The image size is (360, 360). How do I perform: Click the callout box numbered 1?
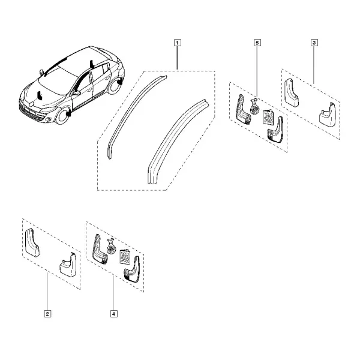coord(177,43)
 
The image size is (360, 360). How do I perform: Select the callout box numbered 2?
coord(47,314)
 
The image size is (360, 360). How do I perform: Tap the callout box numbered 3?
coord(314,43)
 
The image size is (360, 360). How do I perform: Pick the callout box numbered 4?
coord(114,314)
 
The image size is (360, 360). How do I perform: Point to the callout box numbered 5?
coord(257,43)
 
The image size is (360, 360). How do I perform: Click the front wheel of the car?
coord(62,116)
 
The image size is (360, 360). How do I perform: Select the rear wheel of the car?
coord(115,85)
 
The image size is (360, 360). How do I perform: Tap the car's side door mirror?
coord(77,93)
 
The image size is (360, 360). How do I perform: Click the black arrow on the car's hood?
coord(40,95)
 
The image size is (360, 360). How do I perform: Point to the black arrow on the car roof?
coord(92,64)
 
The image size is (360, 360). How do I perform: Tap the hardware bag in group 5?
coord(254,106)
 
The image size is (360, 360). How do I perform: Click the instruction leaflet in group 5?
coord(268,117)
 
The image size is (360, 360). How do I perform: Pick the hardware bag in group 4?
coord(111,246)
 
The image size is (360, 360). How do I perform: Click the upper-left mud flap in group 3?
coord(291,93)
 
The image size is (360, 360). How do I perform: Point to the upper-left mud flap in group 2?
coord(32,242)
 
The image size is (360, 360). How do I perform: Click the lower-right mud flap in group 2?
coord(68,265)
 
